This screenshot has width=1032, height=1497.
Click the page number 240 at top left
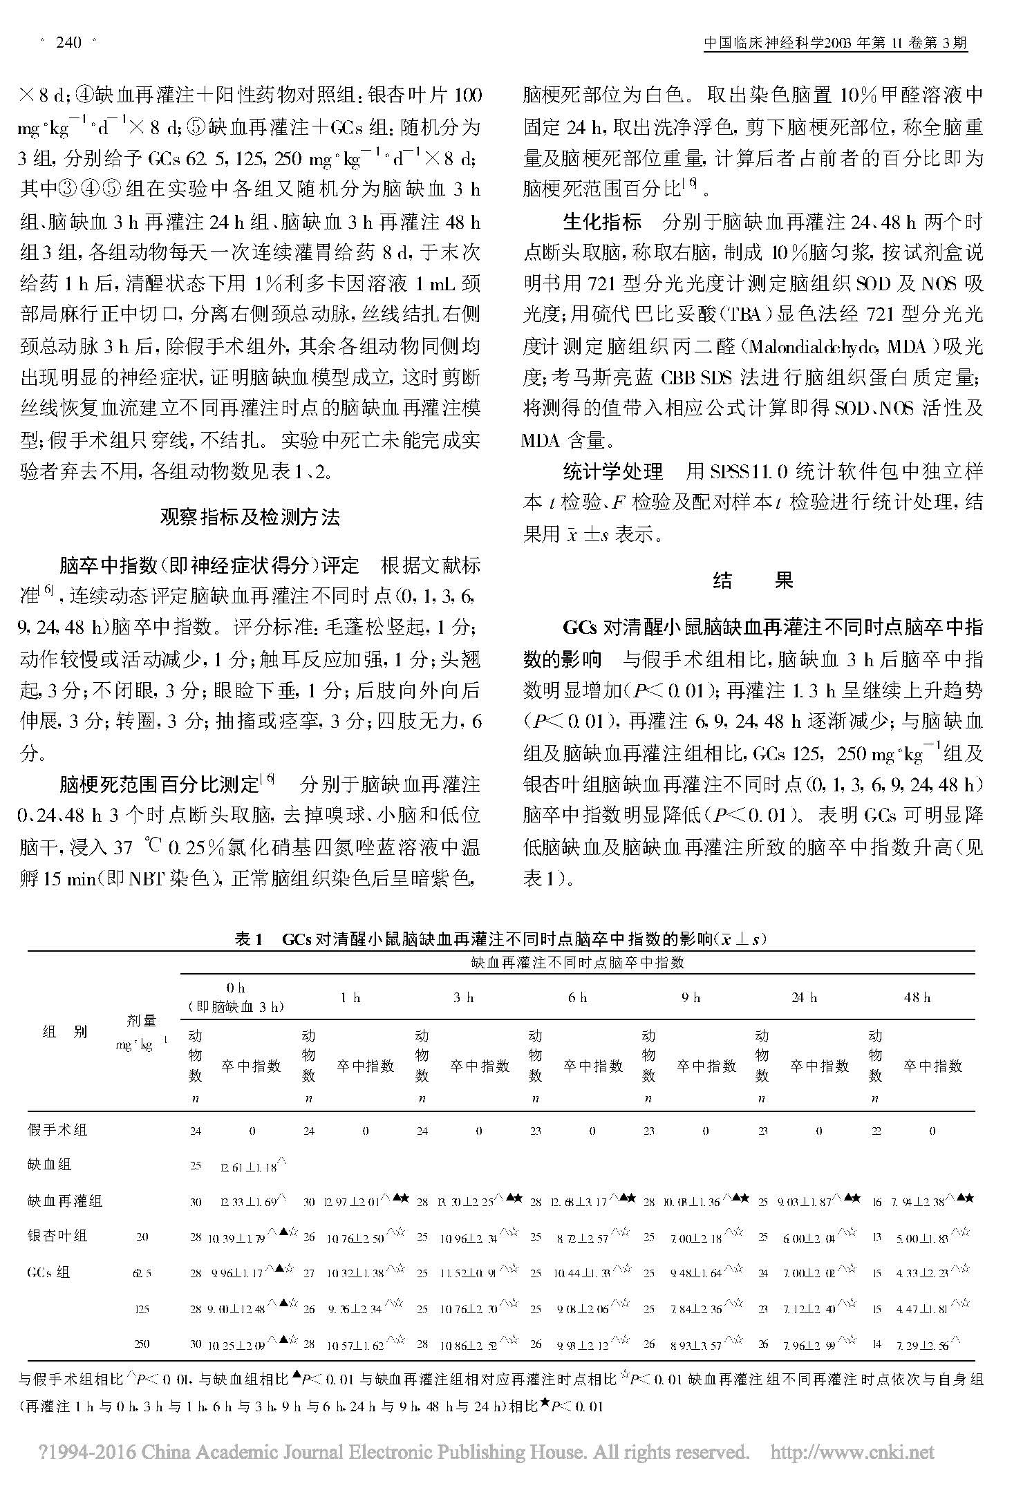pos(68,44)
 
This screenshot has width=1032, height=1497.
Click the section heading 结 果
pos(753,580)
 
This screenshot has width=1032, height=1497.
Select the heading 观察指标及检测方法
pos(250,517)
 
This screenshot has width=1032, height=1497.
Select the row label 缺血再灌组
pos(65,1201)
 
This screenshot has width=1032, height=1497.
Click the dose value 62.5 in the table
pos(142,1272)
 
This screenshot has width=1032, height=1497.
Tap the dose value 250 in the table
pos(142,1343)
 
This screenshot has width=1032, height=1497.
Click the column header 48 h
pos(917,997)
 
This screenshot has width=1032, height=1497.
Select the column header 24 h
pos(804,997)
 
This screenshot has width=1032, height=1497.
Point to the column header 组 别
pos(65,1032)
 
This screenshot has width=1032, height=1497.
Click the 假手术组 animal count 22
pos(876,1131)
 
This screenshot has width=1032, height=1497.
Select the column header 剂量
pos(142,1020)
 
